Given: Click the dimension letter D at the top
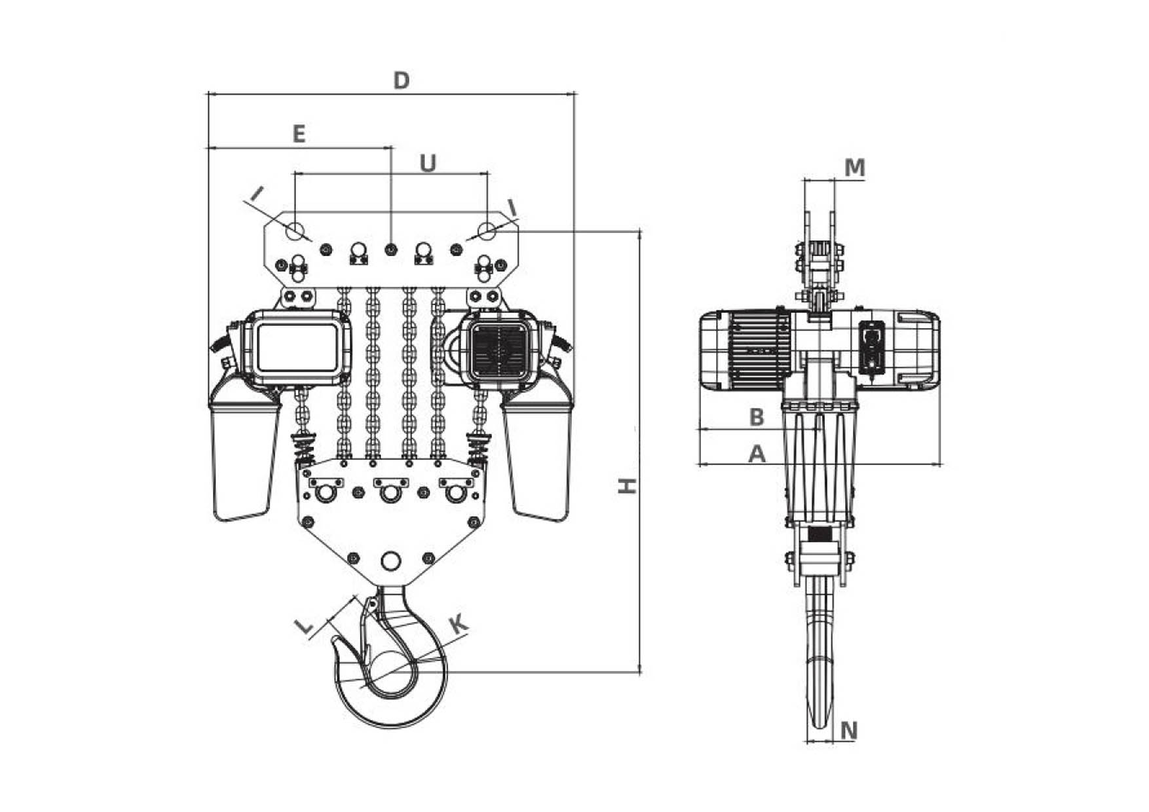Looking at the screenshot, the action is pyautogui.click(x=401, y=81).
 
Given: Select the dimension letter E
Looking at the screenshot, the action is pyautogui.click(x=299, y=134).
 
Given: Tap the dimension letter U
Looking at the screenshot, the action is pyautogui.click(x=428, y=163).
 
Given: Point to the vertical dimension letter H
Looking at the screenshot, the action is pyautogui.click(x=628, y=485).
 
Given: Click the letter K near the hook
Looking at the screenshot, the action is pyautogui.click(x=459, y=624).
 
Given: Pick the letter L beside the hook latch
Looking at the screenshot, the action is pyautogui.click(x=305, y=627).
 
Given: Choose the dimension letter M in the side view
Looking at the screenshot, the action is pyautogui.click(x=854, y=168).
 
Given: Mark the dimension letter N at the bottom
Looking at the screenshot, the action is pyautogui.click(x=848, y=730).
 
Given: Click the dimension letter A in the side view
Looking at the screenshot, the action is pyautogui.click(x=757, y=453).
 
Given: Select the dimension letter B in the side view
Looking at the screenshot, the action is pyautogui.click(x=757, y=417).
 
